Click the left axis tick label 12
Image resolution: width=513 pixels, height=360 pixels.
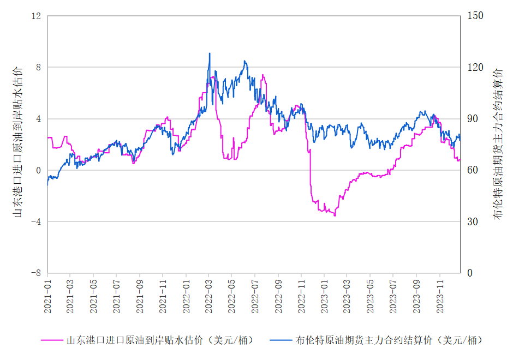(x=36, y=16)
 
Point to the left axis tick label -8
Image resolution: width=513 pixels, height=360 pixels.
(x=36, y=273)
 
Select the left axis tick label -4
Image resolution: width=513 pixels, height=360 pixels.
(x=36, y=221)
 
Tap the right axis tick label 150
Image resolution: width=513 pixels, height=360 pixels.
(x=475, y=16)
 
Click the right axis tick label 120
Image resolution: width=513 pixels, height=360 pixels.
(x=475, y=67)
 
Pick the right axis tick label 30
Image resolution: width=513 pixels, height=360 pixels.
(x=473, y=221)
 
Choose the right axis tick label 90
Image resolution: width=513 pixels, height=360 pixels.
(x=473, y=119)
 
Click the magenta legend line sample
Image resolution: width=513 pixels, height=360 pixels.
(x=52, y=340)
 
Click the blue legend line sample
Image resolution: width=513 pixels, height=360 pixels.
(x=281, y=340)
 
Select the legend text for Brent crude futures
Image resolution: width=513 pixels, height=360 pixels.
(x=389, y=340)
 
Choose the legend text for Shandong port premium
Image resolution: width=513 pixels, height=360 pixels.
(x=160, y=340)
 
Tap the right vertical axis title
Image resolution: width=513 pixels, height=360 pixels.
(x=497, y=144)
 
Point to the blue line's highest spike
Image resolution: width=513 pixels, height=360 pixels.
(x=210, y=53)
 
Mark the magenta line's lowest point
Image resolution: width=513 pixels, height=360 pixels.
(x=335, y=215)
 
